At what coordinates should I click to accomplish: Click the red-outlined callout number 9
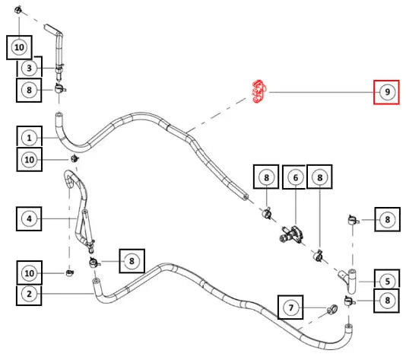[386, 92]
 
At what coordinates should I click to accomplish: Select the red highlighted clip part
[259, 91]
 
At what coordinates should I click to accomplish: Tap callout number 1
[29, 138]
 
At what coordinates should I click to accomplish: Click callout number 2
[29, 294]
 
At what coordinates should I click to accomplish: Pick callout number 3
[29, 68]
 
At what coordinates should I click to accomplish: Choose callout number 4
[29, 218]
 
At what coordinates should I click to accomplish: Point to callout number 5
[387, 281]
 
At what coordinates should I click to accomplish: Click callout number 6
[295, 177]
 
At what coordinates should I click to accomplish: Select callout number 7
[290, 307]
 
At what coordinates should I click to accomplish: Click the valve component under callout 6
[291, 234]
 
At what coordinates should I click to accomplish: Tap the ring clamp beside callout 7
[332, 309]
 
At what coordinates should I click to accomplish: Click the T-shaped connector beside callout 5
[349, 281]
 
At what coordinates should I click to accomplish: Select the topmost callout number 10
[19, 47]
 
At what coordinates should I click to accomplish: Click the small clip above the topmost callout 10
[17, 11]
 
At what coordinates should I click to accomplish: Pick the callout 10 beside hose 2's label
[29, 272]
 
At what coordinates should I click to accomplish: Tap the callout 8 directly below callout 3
[29, 90]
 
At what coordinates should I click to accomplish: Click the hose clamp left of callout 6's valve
[267, 213]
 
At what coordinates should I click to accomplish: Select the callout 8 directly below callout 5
[387, 301]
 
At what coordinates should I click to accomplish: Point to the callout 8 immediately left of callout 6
[266, 177]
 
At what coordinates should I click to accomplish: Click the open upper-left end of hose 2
[96, 281]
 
